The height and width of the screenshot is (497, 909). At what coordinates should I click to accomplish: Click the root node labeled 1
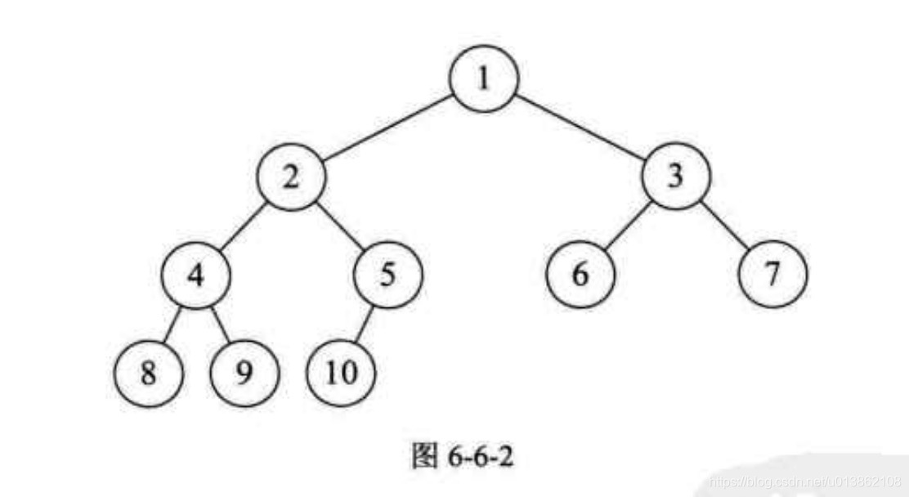(x=484, y=80)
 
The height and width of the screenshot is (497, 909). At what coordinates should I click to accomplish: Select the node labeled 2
(x=292, y=177)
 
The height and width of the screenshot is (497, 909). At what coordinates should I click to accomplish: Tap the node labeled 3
(x=675, y=177)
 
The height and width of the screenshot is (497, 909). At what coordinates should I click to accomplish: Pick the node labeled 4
(x=195, y=275)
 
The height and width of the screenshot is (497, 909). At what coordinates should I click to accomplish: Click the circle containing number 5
(x=388, y=275)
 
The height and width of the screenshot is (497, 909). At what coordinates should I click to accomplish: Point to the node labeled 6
(x=580, y=275)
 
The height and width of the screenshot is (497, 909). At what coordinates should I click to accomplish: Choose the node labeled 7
(x=772, y=275)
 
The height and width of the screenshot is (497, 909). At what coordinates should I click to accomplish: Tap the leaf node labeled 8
(x=148, y=373)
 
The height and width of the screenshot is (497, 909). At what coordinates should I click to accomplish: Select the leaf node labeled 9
(x=244, y=373)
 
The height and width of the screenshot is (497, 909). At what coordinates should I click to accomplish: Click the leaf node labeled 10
(x=341, y=373)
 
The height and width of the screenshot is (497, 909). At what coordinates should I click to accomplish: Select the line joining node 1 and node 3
(x=580, y=129)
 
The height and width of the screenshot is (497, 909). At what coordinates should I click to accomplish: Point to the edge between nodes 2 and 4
(x=244, y=226)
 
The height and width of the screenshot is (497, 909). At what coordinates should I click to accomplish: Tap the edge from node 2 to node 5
(x=340, y=226)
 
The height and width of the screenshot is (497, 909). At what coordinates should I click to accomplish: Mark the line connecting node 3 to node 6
(x=628, y=226)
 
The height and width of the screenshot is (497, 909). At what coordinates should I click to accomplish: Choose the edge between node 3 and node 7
(x=724, y=226)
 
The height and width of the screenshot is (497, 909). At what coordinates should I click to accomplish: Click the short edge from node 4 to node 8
(x=172, y=324)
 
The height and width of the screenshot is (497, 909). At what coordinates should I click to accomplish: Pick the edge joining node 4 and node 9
(x=219, y=324)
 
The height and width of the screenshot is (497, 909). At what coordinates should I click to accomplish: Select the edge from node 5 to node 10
(x=365, y=324)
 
